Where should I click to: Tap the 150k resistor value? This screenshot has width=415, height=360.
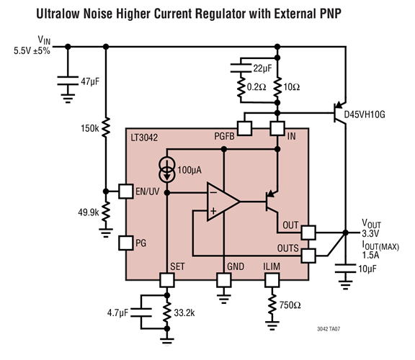[x=91, y=128]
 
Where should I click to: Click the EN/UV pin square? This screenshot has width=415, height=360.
[x=125, y=192]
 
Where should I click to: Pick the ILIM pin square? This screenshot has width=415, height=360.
[x=273, y=280]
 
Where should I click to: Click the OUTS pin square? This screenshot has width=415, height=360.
[x=308, y=255]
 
